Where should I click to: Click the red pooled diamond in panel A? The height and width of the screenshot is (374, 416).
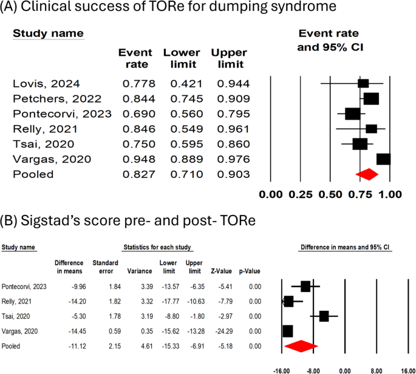pyautogui.click(x=367, y=174)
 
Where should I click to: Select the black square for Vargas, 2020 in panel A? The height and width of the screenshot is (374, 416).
pyautogui.click(x=383, y=159)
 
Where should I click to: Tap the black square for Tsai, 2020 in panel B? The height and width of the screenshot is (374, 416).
pyautogui.click(x=324, y=316)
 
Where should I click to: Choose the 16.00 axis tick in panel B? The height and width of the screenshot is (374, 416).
pyautogui.click(x=407, y=369)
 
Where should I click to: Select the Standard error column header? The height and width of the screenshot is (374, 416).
pyautogui.click(x=104, y=267)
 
